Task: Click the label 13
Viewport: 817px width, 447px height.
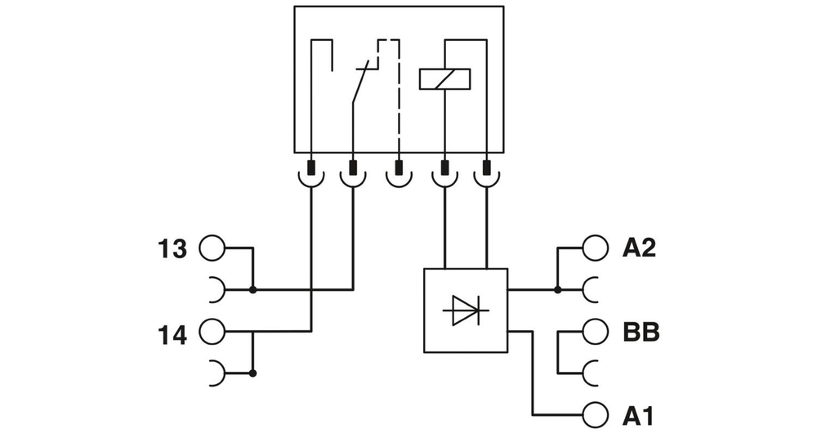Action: [x=172, y=248]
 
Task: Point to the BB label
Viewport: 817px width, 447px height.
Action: [x=641, y=333]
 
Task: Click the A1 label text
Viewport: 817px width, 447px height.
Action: [x=638, y=417]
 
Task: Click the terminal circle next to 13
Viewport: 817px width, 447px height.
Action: [x=211, y=248]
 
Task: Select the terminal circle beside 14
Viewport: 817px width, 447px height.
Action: [x=211, y=332]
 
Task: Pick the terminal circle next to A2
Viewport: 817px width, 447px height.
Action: [x=596, y=248]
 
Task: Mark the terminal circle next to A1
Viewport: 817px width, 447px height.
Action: [x=596, y=416]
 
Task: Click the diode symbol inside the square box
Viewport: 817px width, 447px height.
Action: [x=465, y=311]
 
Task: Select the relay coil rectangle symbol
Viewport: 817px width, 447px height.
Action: [x=444, y=78]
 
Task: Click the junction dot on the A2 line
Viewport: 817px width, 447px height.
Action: [x=557, y=289]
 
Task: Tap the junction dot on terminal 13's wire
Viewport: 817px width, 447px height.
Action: [x=252, y=289]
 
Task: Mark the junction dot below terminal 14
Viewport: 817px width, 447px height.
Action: [x=252, y=373]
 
